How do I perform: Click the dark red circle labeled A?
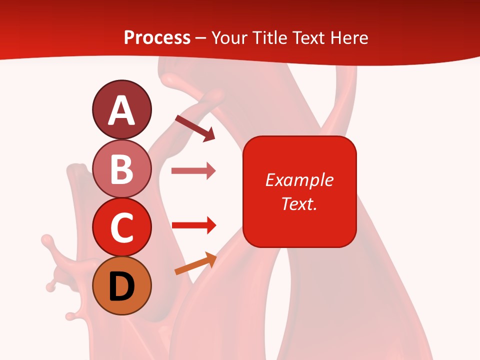121,109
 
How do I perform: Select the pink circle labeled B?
121,168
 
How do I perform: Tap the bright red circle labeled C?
121,227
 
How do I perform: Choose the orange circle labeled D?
121,285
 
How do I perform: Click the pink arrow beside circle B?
193,171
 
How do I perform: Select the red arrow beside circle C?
194,225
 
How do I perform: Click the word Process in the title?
157,37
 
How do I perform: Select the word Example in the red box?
299,180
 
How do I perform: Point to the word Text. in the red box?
299,203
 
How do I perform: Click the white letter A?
121,110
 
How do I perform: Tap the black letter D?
122,286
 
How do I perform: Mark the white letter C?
121,227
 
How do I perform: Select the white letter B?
122,169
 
